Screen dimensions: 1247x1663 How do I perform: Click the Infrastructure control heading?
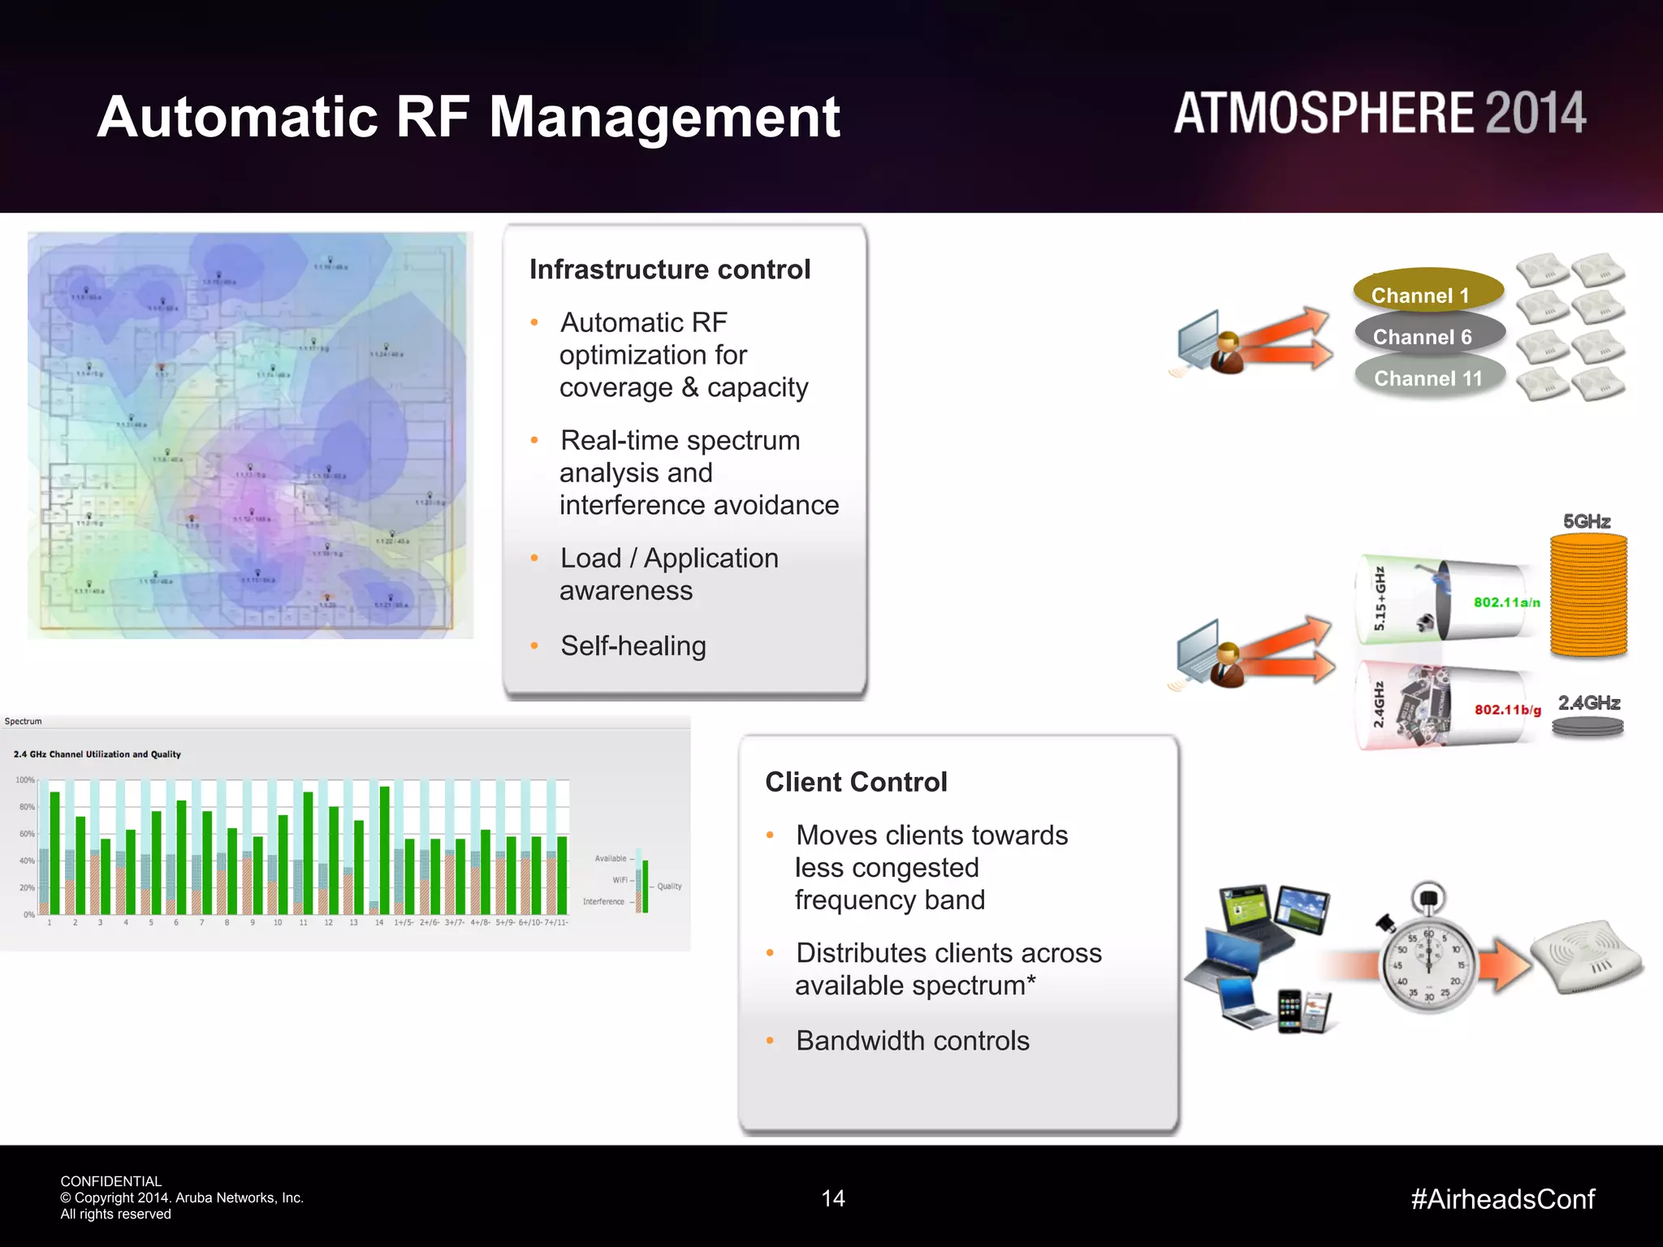(x=670, y=270)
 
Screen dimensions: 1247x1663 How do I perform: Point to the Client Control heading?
(x=856, y=782)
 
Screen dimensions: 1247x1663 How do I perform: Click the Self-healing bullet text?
(x=633, y=646)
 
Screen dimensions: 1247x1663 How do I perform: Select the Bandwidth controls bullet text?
(x=912, y=1041)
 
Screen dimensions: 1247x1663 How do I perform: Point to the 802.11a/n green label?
(x=1506, y=602)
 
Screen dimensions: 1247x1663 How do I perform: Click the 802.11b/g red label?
(x=1507, y=710)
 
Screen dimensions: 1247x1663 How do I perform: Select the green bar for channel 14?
(x=385, y=848)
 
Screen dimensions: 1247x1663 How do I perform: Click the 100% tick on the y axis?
(x=25, y=780)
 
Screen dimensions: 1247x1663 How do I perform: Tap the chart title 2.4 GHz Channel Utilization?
(x=97, y=754)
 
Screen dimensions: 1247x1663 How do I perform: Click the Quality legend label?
(x=669, y=887)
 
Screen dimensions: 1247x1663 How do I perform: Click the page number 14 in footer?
(x=833, y=1198)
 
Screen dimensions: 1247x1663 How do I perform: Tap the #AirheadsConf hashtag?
(x=1502, y=1199)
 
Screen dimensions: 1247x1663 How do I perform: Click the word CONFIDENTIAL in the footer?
(x=110, y=1181)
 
